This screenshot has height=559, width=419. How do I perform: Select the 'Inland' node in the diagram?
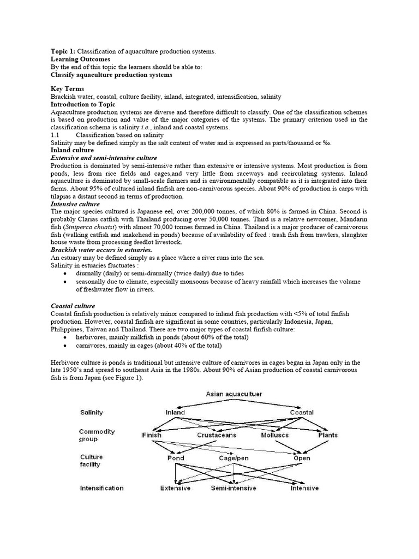click(175, 413)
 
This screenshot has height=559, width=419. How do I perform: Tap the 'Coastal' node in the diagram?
click(302, 413)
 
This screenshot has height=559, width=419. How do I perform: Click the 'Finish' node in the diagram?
click(152, 435)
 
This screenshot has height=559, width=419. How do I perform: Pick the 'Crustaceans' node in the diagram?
click(217, 435)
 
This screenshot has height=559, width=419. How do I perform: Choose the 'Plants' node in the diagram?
click(328, 435)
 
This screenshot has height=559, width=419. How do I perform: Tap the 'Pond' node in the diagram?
click(175, 459)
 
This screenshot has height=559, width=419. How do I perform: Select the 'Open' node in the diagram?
click(302, 459)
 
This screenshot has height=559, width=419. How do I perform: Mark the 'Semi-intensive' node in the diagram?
click(234, 488)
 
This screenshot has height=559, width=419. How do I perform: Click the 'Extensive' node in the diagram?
click(175, 488)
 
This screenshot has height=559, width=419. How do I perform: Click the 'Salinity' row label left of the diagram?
click(92, 413)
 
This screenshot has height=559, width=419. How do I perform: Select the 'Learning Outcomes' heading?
click(80, 59)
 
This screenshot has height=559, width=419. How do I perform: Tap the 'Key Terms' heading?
click(67, 89)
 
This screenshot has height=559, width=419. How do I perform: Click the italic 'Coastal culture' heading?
click(73, 306)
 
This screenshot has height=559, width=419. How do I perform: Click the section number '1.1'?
click(55, 134)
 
